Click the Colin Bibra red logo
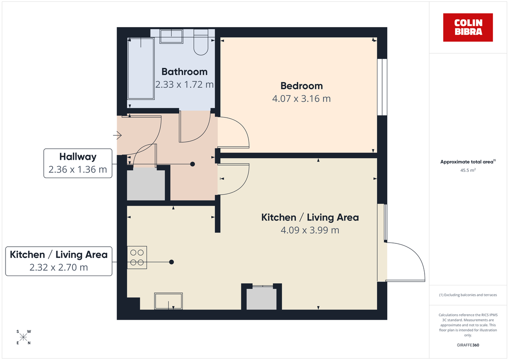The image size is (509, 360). point(468,27)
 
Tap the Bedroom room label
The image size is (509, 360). point(302,86)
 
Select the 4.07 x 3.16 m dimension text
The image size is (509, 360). point(302,99)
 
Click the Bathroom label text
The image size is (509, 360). point(185,72)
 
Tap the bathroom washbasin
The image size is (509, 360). point(172,36)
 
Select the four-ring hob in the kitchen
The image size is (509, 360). point(137,257)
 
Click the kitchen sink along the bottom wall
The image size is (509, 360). point(168,301)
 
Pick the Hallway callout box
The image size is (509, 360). point(78,163)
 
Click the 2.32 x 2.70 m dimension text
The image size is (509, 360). point(59,268)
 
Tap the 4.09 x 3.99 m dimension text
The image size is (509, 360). point(310,230)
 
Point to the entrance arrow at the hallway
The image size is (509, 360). point(117,136)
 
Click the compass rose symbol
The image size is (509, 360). point(23,337)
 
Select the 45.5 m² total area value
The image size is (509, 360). point(468,170)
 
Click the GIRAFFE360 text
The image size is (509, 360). point(468,345)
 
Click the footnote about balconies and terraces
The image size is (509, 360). point(468,295)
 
